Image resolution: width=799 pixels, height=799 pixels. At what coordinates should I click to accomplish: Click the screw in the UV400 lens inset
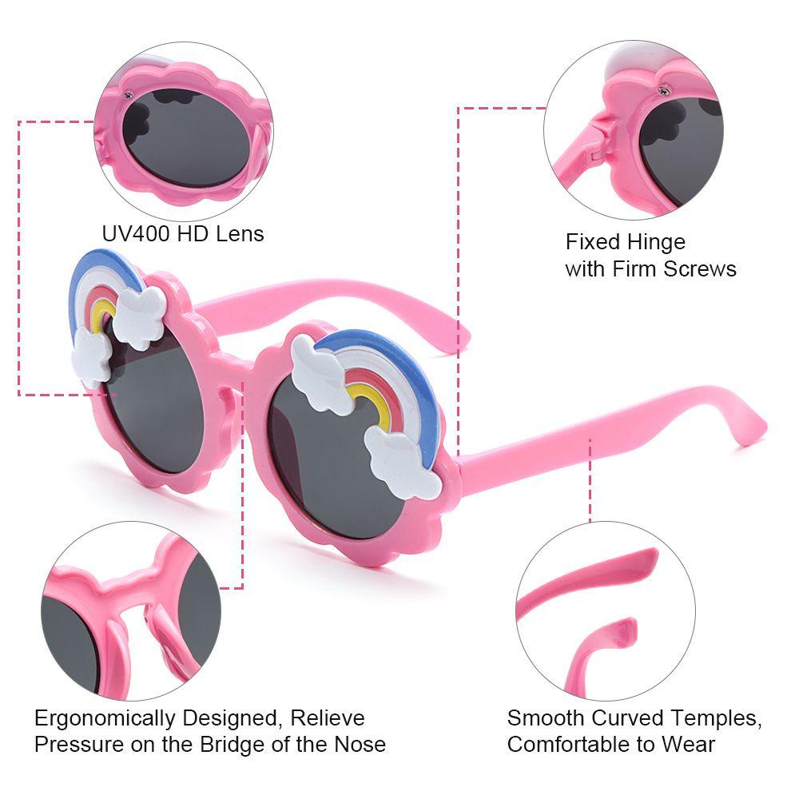point(128,96)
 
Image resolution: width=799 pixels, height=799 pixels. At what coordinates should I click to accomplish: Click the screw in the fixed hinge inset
point(662,93)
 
